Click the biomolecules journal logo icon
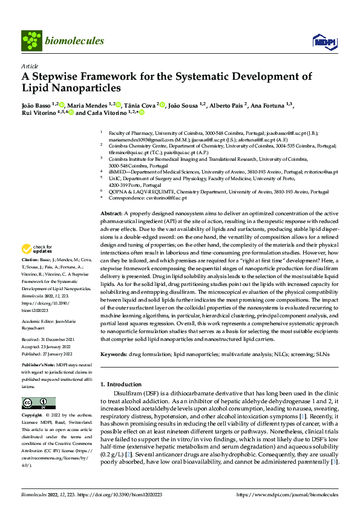pyautogui.click(x=31, y=40)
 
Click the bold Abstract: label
pyautogui.click(x=111, y=214)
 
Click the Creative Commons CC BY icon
pyautogui.click(x=39, y=403)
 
